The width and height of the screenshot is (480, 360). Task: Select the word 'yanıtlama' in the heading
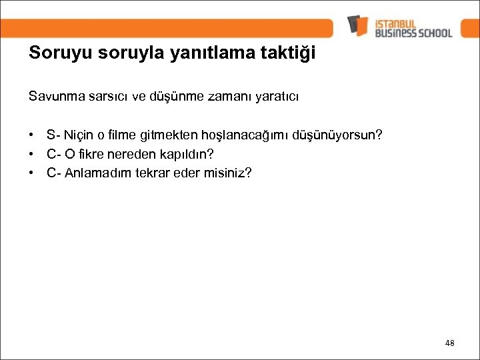(198, 54)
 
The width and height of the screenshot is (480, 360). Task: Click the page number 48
(449, 343)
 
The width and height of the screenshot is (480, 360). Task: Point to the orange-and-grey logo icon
(357, 25)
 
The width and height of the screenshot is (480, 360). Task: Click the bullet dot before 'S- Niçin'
(32, 135)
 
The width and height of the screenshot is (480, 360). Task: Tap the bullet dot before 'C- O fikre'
(32, 154)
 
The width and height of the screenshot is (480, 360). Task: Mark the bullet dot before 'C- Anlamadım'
(32, 173)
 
